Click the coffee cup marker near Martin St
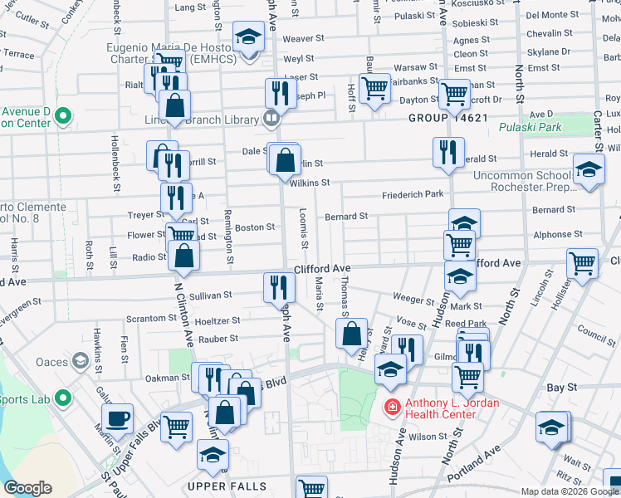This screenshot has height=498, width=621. pyautogui.click(x=117, y=417)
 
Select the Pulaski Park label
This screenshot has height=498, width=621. pyautogui.click(x=531, y=128)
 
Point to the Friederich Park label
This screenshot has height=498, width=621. pyautogui.click(x=413, y=195)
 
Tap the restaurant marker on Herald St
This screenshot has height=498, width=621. pyautogui.click(x=447, y=152)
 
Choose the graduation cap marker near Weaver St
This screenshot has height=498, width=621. pyautogui.click(x=247, y=38)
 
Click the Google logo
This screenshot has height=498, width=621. pyautogui.click(x=27, y=488)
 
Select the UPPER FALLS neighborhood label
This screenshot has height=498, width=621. pyautogui.click(x=227, y=486)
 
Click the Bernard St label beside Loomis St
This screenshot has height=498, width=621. pyautogui.click(x=346, y=217)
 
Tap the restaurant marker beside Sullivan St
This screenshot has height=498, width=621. pyautogui.click(x=279, y=287)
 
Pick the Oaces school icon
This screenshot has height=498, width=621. pyautogui.click(x=81, y=361)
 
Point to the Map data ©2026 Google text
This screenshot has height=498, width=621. pyautogui.click(x=570, y=491)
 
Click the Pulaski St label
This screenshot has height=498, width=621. pyautogui.click(x=414, y=16)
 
